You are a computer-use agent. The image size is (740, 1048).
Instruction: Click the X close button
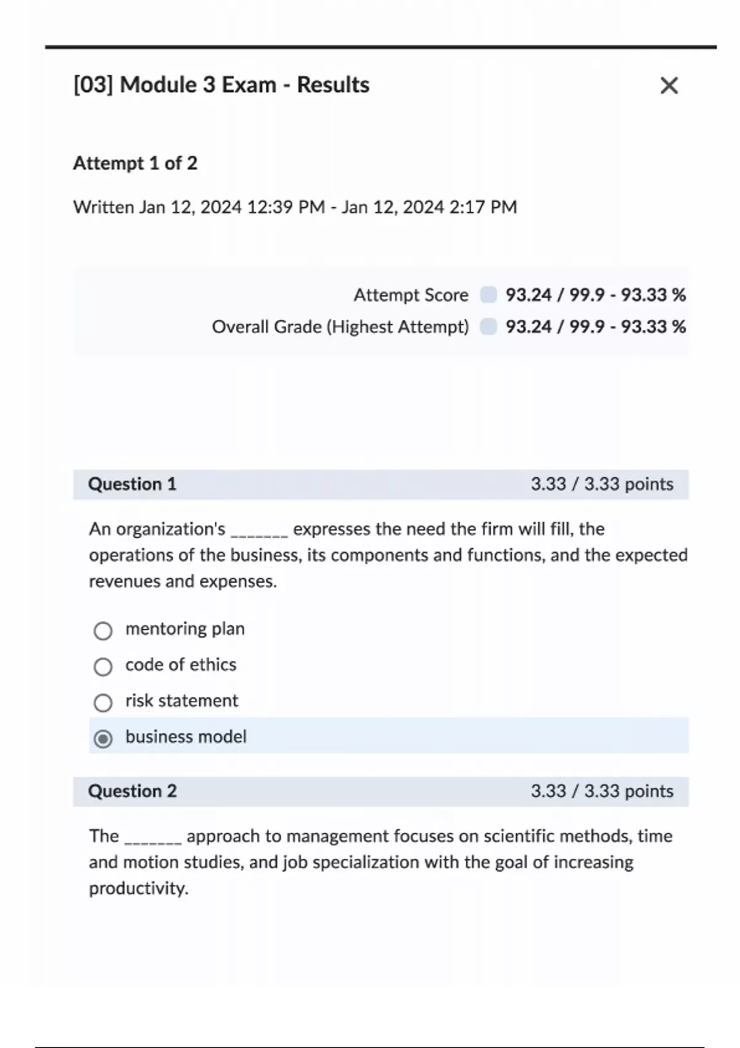coord(669,85)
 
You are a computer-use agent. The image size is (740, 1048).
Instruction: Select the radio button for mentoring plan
coord(103,631)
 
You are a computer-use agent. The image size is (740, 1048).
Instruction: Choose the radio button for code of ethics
coord(103,666)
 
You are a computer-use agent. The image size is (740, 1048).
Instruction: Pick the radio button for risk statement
coord(103,703)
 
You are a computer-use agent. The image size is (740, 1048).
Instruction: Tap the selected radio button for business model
coord(103,738)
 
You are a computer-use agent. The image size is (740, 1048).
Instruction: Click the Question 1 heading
coord(132,484)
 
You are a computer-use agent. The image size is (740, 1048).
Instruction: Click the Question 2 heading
coord(132,791)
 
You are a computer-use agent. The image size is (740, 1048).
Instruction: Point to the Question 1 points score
coord(602,484)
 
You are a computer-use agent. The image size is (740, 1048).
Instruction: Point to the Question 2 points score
coord(602,791)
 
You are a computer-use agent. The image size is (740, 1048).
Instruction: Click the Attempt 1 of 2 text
coord(135,163)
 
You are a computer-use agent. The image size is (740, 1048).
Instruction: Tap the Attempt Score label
coord(411,295)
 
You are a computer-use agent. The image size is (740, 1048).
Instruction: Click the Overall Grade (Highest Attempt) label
coord(340,327)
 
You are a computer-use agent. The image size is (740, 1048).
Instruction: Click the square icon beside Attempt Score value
coord(488,295)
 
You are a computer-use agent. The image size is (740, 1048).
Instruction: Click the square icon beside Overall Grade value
coord(488,326)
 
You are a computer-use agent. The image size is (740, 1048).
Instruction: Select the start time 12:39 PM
coord(286,207)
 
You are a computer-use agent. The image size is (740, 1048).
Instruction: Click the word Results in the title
coord(333,85)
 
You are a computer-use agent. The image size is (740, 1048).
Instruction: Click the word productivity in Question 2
coord(138,888)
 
